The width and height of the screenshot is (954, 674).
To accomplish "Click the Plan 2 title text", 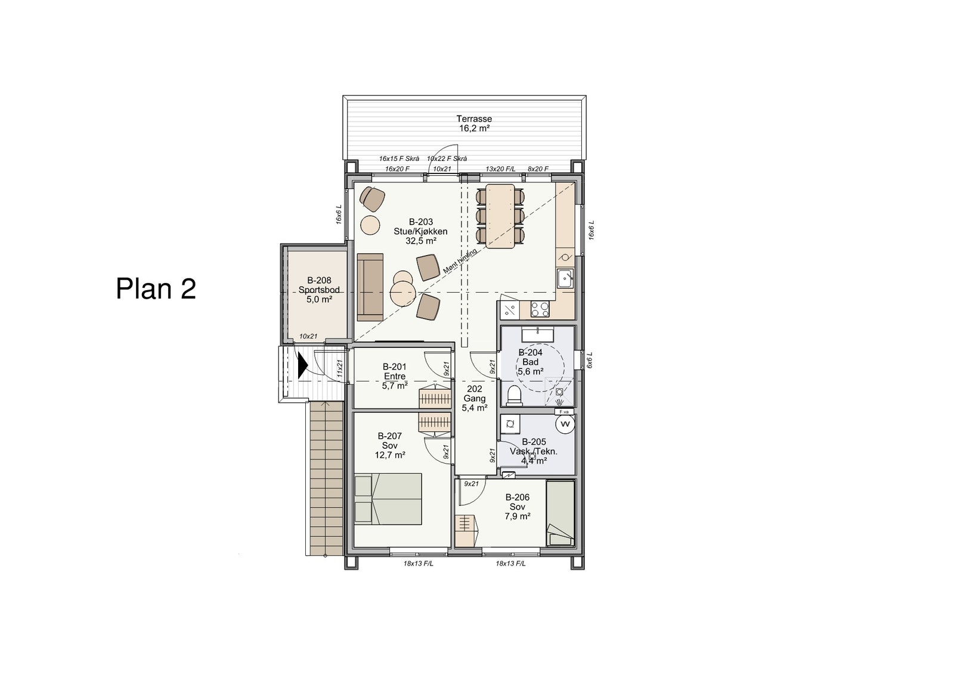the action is (156, 288).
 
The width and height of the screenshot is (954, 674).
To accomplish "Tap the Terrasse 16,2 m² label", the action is (474, 123).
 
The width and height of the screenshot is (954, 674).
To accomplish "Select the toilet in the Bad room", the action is (515, 395).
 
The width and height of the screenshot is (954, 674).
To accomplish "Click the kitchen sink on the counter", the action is (565, 278).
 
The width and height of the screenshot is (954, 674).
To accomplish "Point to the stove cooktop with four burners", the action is (540, 309).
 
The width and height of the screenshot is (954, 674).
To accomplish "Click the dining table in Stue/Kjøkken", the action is (500, 216).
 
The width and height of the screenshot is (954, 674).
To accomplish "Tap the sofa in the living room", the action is (370, 287).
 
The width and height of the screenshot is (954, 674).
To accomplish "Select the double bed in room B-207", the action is (388, 499).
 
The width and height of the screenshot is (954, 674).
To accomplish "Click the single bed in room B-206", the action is (560, 513).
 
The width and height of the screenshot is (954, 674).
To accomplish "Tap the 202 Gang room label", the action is (475, 399).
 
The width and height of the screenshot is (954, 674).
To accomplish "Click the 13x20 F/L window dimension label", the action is (500, 169).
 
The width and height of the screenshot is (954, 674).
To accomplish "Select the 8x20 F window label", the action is (538, 169).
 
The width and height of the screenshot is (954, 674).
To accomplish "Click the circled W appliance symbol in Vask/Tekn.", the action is (565, 424).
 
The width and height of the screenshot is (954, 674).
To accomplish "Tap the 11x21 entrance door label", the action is (339, 369).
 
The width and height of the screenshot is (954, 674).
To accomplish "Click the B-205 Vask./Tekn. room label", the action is (534, 451).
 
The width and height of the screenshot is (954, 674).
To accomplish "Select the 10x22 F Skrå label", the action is (447, 159).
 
